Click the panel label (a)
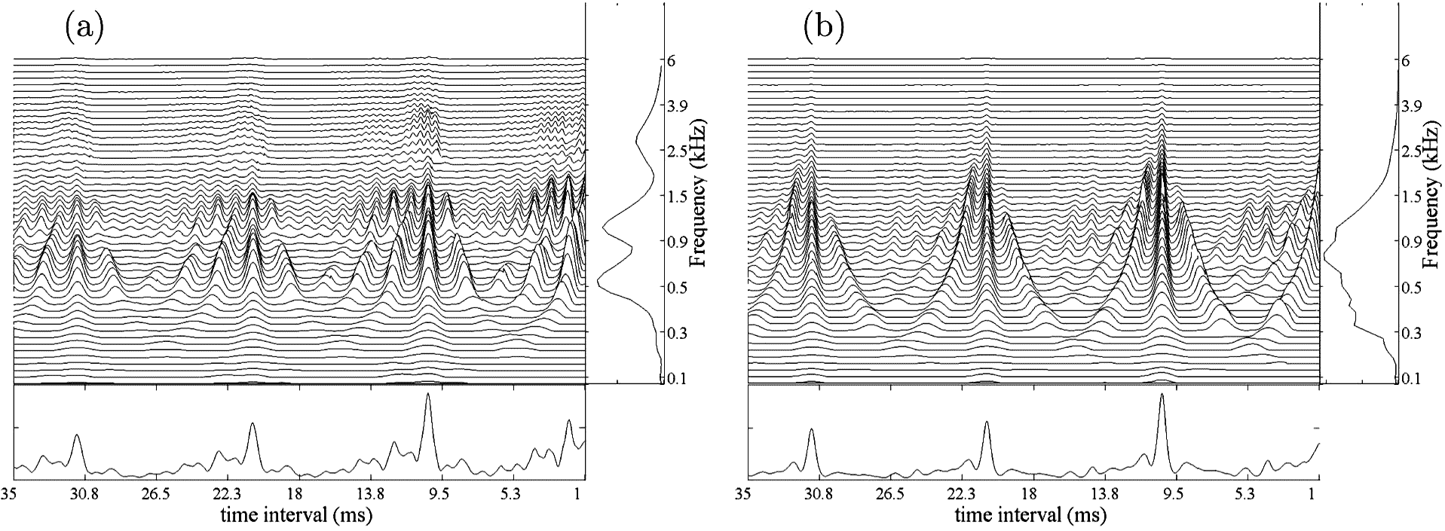[84, 28]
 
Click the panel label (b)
[824, 28]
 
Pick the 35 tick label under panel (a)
[10, 494]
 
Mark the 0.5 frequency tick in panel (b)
[1406, 288]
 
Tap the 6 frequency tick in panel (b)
[1405, 60]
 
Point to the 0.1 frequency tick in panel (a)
[669, 379]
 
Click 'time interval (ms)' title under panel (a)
[297, 516]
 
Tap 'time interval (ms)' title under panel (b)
[1030, 516]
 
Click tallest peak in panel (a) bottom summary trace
[428, 394]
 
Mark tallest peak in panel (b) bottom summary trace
[1162, 395]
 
